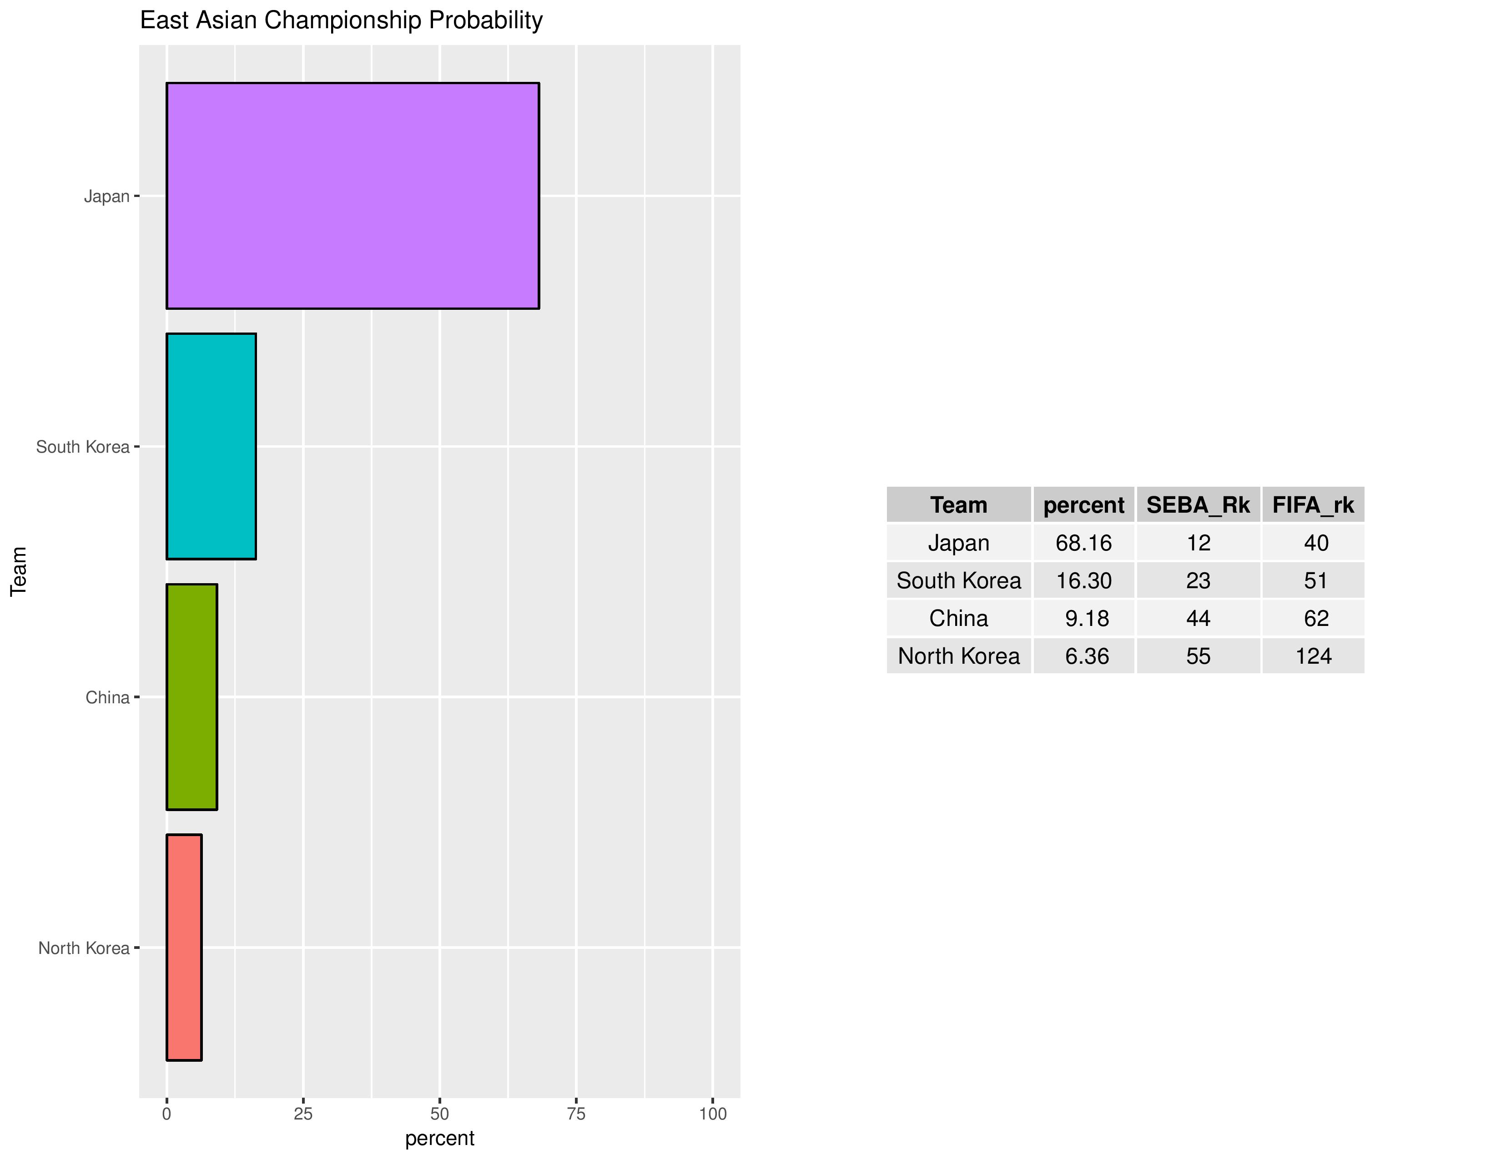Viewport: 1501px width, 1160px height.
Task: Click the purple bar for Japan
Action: [x=353, y=196]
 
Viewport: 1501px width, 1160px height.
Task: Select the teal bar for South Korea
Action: [x=211, y=447]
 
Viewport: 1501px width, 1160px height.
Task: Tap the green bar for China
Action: [x=192, y=697]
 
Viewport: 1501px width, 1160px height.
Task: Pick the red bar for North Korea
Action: [x=184, y=948]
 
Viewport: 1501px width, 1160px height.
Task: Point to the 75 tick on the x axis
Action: [x=576, y=1114]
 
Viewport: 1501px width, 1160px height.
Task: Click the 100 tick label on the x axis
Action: [x=713, y=1114]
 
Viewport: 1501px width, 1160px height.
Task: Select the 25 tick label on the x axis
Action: [x=303, y=1114]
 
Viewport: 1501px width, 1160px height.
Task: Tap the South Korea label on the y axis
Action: [x=82, y=447]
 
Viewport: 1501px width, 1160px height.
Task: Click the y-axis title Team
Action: [x=19, y=571]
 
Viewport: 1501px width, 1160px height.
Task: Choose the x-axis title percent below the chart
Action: [x=440, y=1138]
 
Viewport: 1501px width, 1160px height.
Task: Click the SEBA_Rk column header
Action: [x=1198, y=505]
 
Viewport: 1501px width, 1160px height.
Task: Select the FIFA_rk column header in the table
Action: [x=1313, y=505]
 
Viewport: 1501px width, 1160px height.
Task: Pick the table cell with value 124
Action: [x=1313, y=656]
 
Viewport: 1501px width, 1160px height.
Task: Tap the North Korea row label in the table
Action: [x=959, y=656]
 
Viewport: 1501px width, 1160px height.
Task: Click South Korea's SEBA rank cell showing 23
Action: [x=1198, y=581]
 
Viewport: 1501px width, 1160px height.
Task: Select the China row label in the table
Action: [x=959, y=619]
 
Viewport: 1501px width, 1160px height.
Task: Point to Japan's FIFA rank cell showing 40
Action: [x=1315, y=543]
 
